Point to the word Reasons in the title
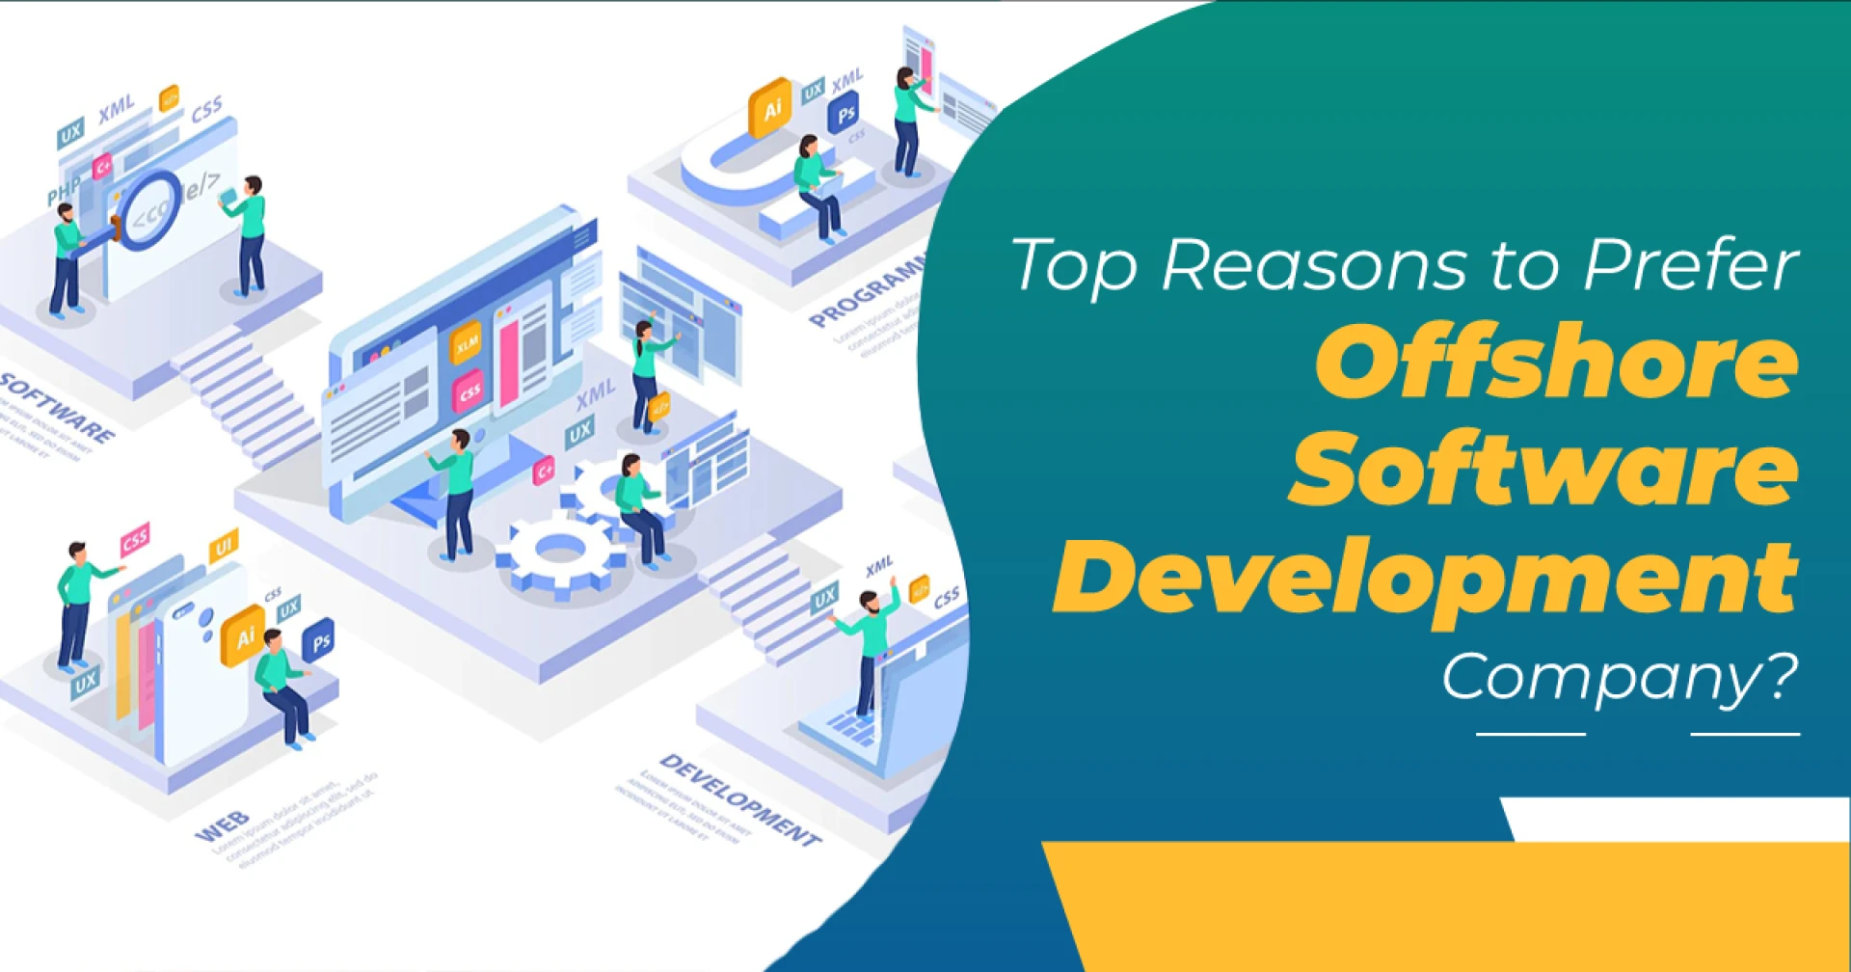(1312, 264)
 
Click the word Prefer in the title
(1691, 264)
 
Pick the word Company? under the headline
(1620, 678)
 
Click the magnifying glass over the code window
(149, 209)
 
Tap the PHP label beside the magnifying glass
(64, 192)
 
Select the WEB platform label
(222, 827)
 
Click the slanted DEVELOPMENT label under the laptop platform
(740, 799)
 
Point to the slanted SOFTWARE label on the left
(58, 406)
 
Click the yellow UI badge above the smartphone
(223, 547)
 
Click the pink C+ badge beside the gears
(544, 471)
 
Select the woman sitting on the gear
(638, 506)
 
